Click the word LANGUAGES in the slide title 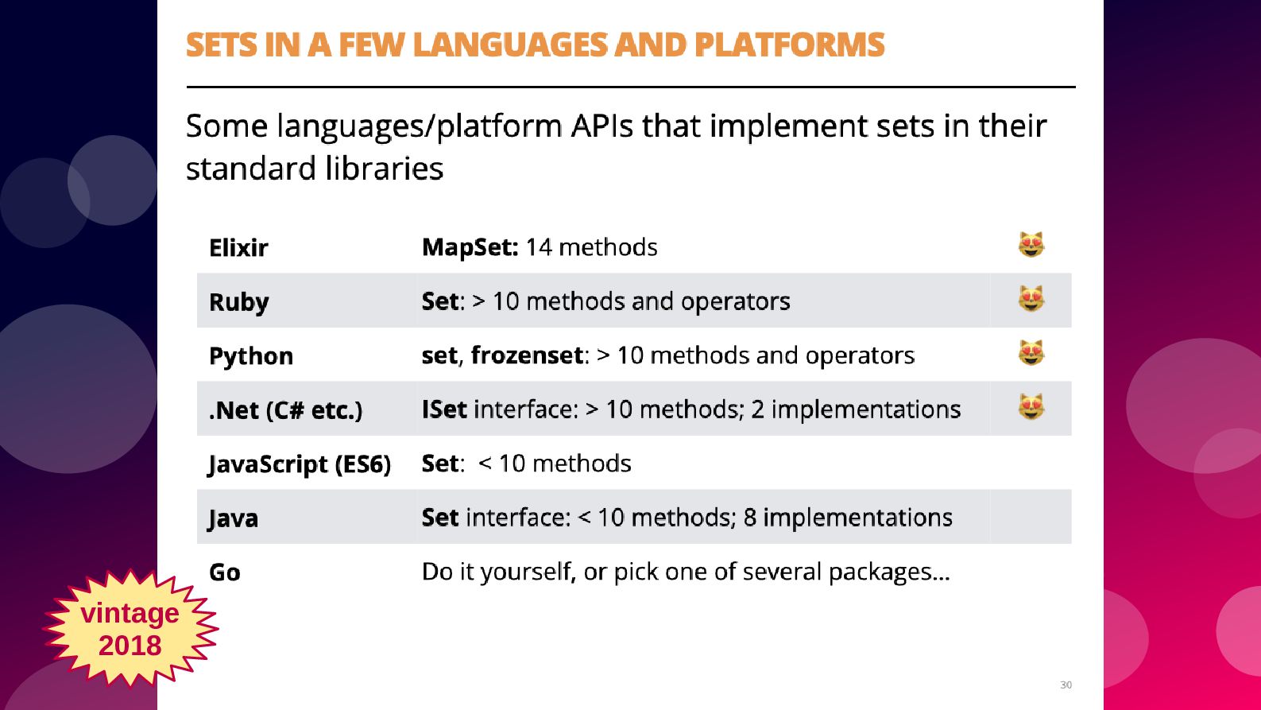click(511, 45)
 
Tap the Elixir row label click(238, 248)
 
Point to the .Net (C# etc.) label click(285, 410)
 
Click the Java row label click(233, 518)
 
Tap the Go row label click(225, 572)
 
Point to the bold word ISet click(445, 409)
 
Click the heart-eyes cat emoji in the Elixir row click(1031, 245)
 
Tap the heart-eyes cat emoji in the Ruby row click(1031, 299)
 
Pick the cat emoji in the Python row click(1031, 353)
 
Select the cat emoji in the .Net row click(1031, 407)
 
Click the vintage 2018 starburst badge click(130, 629)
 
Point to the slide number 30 click(1066, 685)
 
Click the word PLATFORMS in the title click(789, 45)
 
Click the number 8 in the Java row click(749, 518)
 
